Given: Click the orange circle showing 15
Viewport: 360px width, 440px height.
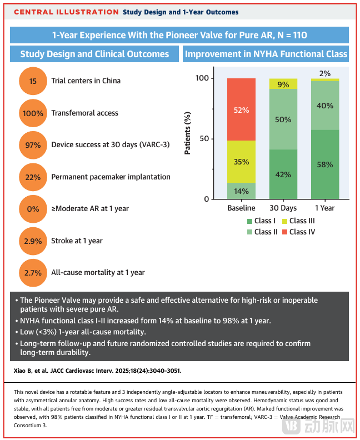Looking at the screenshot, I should (x=33, y=81).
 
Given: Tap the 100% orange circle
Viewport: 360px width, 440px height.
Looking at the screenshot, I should (x=33, y=113).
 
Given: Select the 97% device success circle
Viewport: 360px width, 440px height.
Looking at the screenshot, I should (x=33, y=145).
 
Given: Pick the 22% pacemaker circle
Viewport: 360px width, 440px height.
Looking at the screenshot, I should (x=33, y=177).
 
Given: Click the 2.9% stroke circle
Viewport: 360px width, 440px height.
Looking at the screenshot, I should (x=33, y=241).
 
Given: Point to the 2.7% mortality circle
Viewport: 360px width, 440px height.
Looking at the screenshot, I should (x=33, y=273).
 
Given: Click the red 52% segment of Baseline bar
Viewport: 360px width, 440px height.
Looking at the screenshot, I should (x=241, y=109).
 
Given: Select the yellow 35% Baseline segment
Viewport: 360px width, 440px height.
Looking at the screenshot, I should (x=241, y=162).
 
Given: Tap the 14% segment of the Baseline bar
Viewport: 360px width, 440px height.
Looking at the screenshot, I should (x=241, y=191).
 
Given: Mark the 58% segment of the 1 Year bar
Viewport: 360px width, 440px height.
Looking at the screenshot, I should (x=324, y=164).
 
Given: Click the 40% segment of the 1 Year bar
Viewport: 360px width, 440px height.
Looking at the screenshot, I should (x=324, y=106).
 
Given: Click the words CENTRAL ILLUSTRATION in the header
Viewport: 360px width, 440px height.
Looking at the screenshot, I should (x=66, y=12).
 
